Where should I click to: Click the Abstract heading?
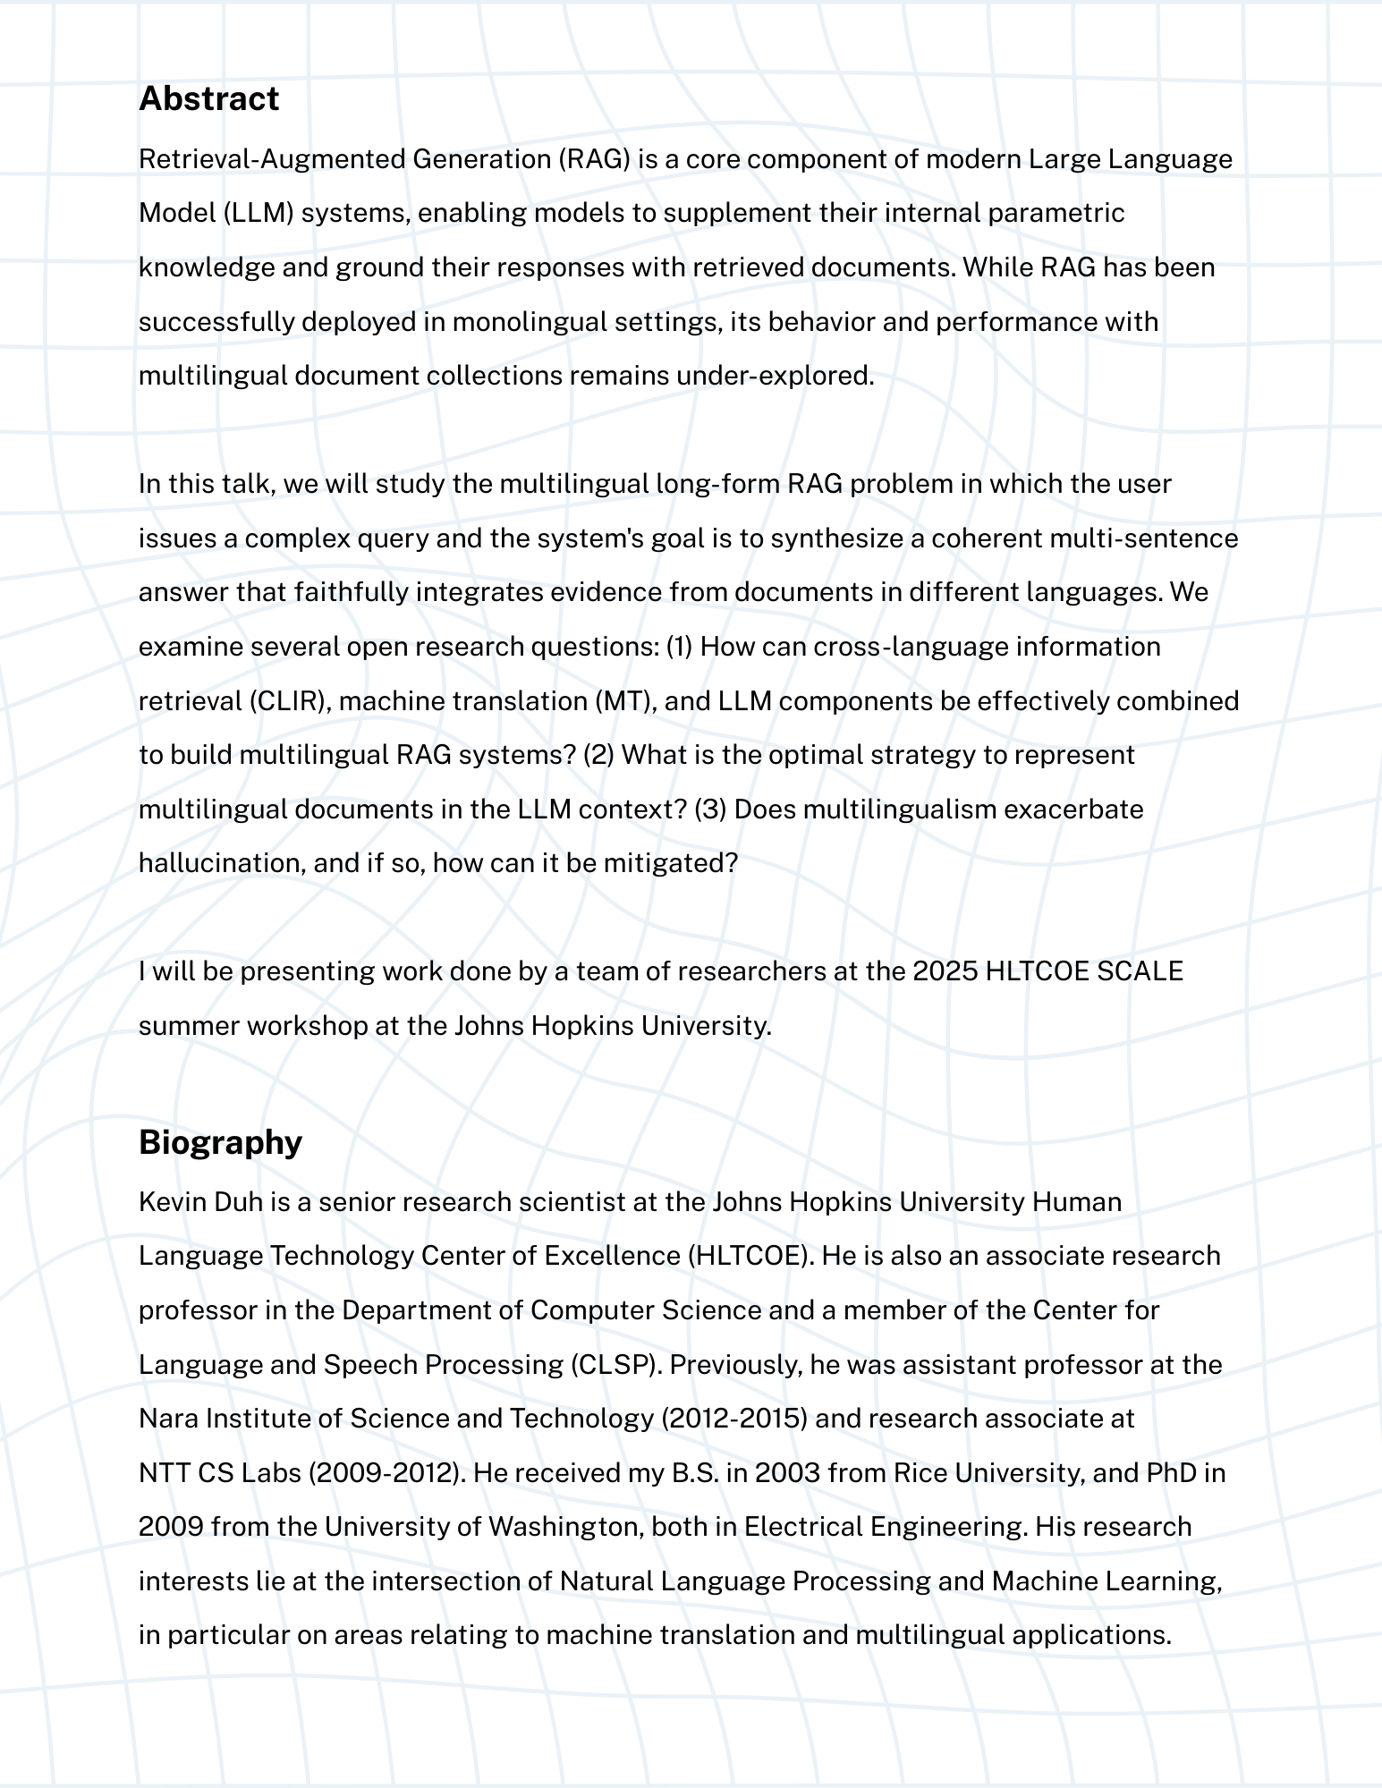click(x=208, y=98)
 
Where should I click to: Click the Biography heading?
click(x=220, y=1142)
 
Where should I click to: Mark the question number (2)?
click(x=598, y=755)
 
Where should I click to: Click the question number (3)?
click(x=710, y=809)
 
